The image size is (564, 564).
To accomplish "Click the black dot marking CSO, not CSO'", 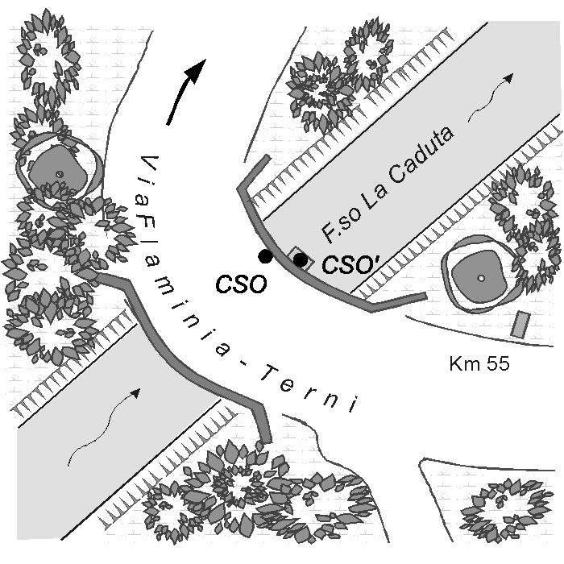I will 265,256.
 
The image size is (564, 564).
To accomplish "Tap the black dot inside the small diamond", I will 301,260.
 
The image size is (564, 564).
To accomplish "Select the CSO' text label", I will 346,264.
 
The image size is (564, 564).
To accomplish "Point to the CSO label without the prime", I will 240,285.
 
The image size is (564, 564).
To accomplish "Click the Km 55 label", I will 479,364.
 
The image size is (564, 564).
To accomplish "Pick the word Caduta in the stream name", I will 421,159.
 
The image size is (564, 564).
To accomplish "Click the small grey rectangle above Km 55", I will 520,324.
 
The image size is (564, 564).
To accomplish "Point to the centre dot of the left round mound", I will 59,174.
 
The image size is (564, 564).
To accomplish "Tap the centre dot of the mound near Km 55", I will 480,278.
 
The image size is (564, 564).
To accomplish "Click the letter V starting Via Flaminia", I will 145,158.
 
